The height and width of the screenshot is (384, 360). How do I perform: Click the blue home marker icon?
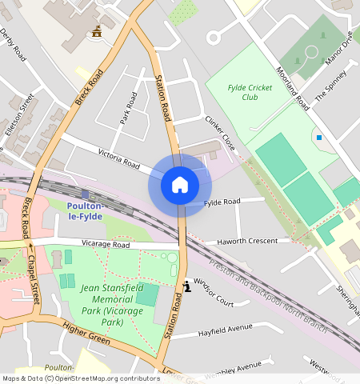180,186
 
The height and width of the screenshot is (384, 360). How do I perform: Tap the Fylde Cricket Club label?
249,92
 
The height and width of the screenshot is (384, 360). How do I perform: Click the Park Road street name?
129,107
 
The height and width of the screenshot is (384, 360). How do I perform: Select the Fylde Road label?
222,202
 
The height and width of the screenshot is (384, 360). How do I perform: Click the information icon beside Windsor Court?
186,285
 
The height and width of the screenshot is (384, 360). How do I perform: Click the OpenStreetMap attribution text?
80,378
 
